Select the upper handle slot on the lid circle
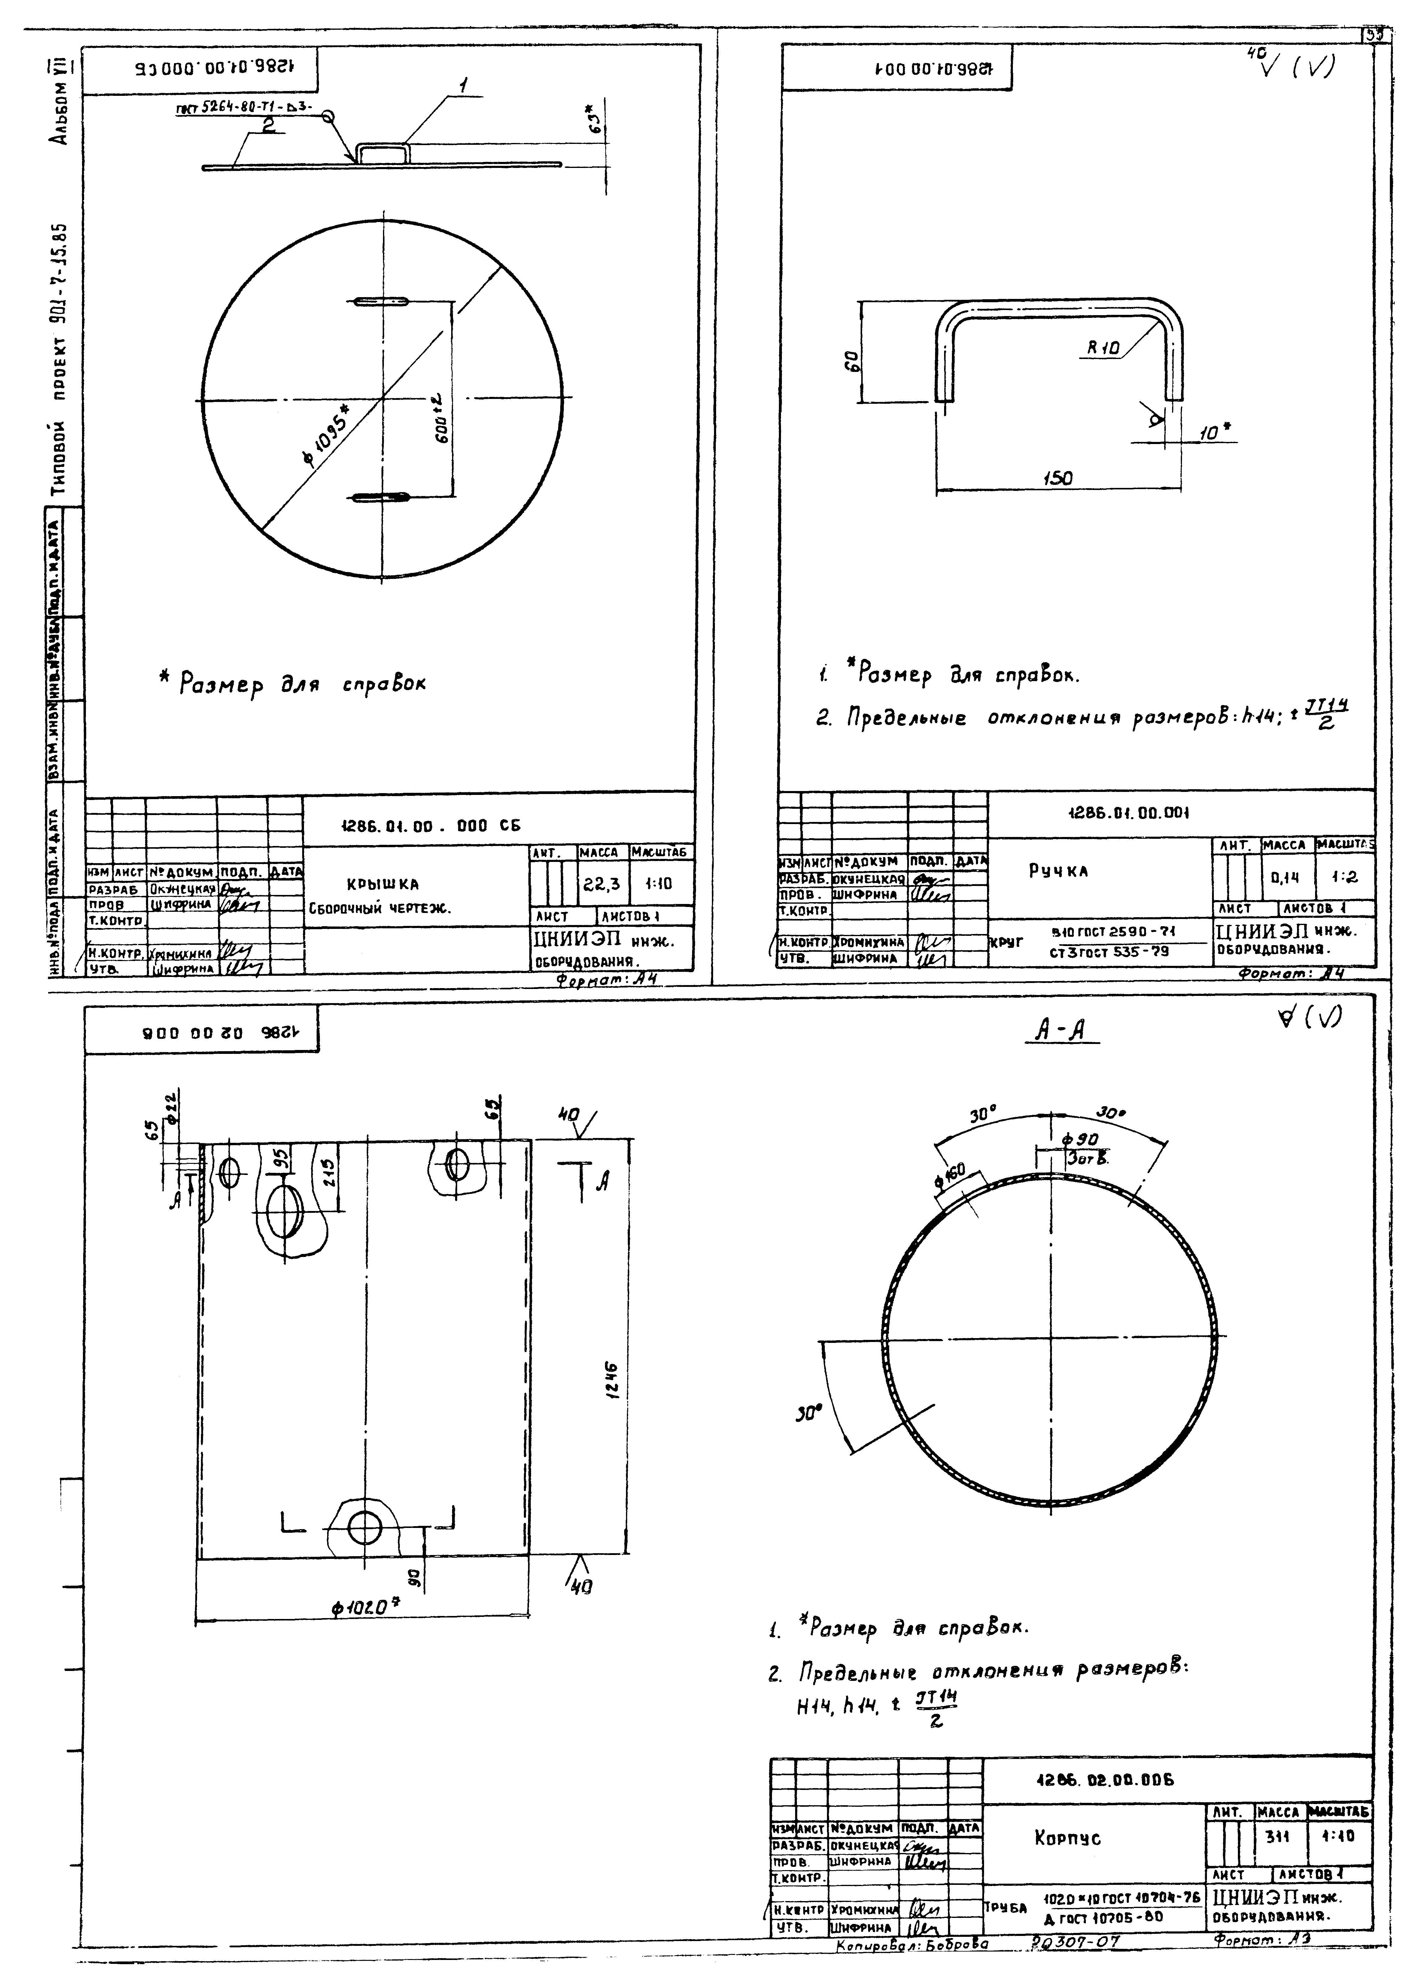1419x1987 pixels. tap(381, 303)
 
